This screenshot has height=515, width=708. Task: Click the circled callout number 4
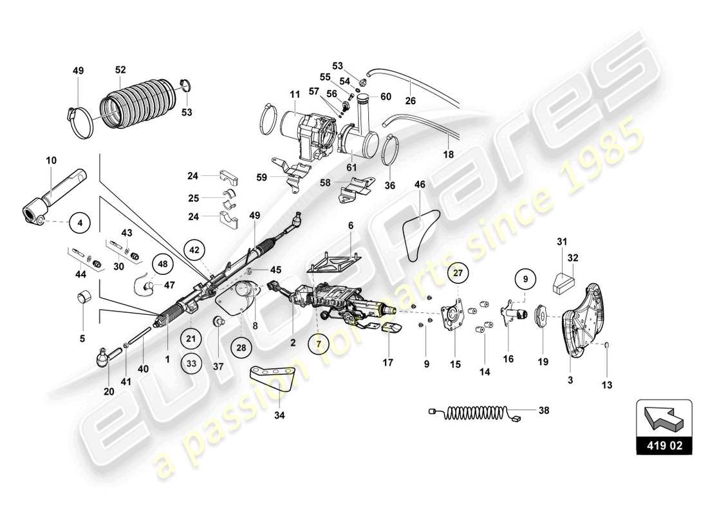[80, 223]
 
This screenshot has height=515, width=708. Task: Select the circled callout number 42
[194, 248]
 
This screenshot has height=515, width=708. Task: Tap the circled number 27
[458, 272]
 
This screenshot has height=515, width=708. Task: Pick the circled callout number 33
[191, 363]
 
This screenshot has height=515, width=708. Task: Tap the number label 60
[385, 97]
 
